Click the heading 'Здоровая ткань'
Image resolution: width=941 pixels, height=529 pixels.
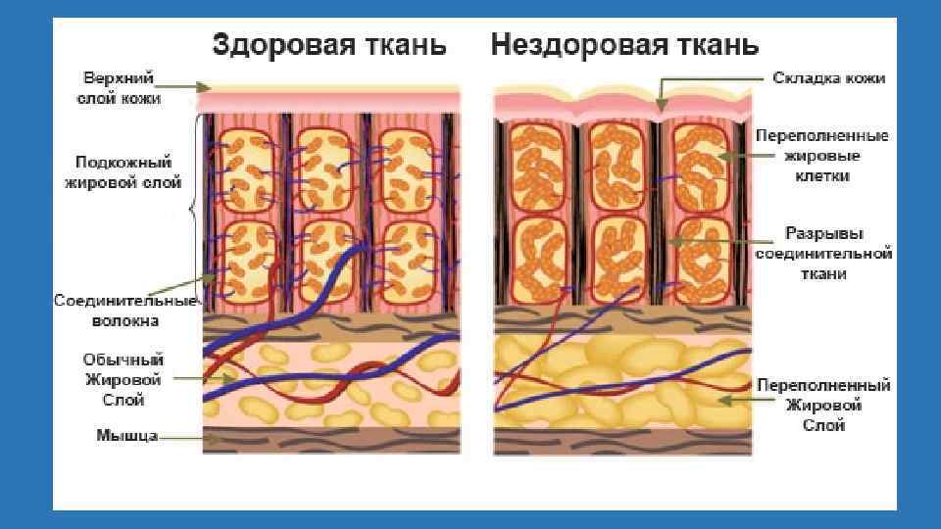[x=329, y=45]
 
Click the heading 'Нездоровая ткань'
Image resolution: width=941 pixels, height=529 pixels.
[x=624, y=45]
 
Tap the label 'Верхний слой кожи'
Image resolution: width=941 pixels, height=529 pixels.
[x=122, y=87]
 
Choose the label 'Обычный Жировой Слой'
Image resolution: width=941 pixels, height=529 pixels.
[x=123, y=380]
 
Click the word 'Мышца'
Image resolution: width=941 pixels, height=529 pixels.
[x=126, y=435]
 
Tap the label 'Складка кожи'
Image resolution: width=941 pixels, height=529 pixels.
[x=829, y=77]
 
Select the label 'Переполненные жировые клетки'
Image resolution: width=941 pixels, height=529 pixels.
[x=822, y=156]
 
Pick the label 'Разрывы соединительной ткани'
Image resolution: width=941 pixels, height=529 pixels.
[x=822, y=254]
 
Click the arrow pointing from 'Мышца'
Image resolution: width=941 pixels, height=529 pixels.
[x=186, y=438]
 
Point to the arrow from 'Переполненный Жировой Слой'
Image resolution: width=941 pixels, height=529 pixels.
[x=735, y=398]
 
